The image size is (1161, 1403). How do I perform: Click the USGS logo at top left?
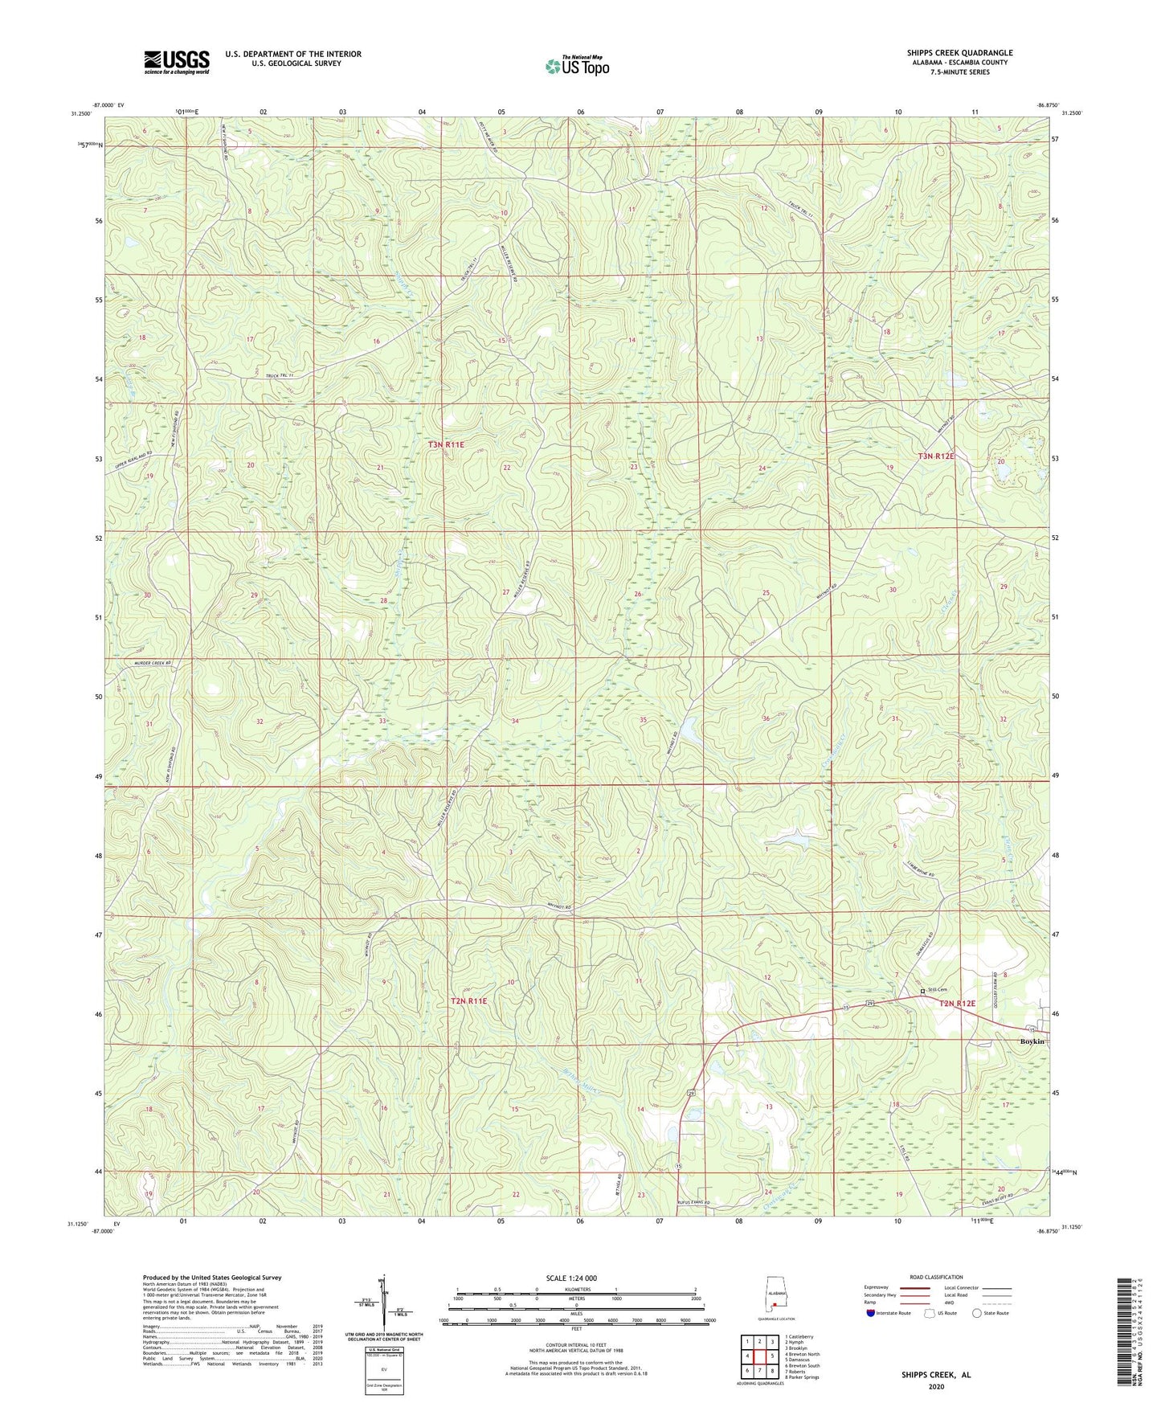pos(176,62)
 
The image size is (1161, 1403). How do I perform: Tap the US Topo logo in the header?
pos(577,66)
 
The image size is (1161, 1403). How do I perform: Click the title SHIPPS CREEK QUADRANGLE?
pos(959,53)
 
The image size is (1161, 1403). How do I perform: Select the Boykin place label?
pos(1032,1041)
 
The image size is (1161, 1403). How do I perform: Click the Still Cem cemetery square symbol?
pos(922,991)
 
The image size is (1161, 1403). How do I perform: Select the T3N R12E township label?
pos(936,456)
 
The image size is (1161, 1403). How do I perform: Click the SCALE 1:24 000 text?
pos(570,1278)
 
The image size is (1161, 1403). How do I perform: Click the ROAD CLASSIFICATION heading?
pos(936,1277)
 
